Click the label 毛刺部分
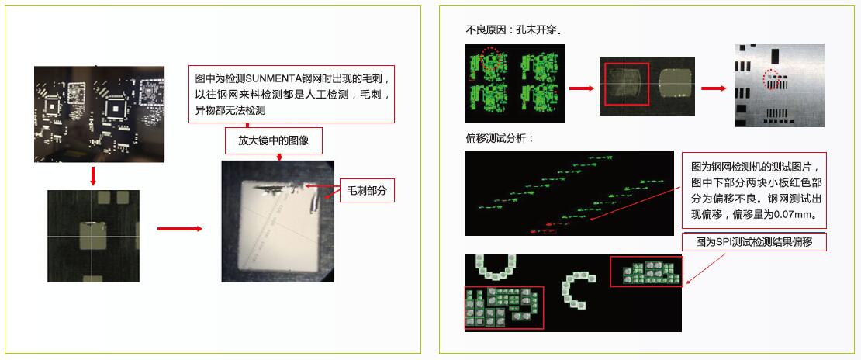point(367,191)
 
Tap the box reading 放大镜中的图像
point(274,140)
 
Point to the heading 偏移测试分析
point(499,139)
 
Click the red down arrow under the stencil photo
point(93,176)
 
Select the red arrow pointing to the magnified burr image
point(180,228)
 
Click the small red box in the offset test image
point(548,231)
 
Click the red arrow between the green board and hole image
point(582,88)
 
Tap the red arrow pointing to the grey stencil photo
point(714,88)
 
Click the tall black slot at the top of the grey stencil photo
point(775,56)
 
